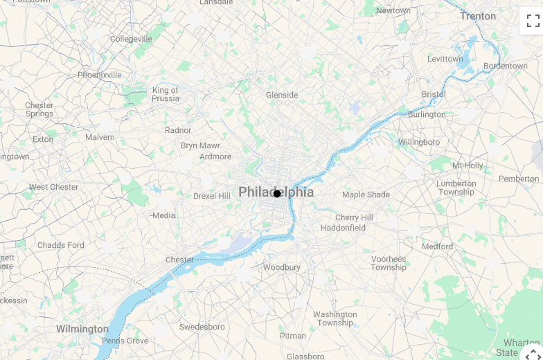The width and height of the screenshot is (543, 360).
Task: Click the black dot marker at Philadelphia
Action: coord(277,194)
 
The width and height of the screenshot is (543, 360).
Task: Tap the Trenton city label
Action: coord(478,16)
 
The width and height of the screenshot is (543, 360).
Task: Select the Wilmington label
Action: coord(82,329)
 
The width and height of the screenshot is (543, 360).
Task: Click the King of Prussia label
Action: coord(166,94)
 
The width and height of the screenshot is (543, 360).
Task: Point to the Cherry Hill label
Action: coord(354,217)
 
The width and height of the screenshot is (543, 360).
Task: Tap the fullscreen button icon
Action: coord(533,21)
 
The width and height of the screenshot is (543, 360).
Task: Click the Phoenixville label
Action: coord(99,75)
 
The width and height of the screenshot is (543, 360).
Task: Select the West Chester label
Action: coord(53,187)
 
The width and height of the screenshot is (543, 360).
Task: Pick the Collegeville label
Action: coord(131,39)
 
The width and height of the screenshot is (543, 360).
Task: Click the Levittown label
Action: coord(445,59)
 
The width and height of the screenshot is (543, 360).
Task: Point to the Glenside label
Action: coord(282,95)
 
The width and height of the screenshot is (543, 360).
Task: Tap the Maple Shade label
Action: coord(366,195)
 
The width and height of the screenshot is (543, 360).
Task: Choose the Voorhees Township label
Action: coord(389,263)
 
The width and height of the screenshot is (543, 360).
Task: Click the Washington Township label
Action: coord(335,318)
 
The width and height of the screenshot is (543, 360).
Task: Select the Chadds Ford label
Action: coord(61,245)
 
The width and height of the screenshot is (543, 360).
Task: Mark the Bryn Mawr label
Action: coord(200,145)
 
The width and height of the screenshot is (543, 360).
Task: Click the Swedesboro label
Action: coord(202,327)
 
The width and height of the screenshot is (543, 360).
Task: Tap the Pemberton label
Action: coord(519,179)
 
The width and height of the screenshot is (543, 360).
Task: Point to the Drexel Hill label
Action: coord(211,196)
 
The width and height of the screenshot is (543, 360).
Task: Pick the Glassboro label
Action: coord(305,356)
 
